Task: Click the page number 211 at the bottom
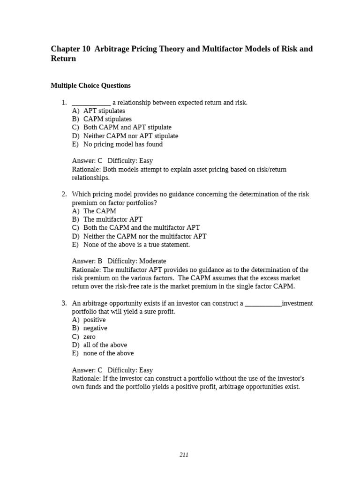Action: click(184, 455)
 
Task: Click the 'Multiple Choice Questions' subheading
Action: click(90, 86)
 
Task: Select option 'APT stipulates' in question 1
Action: click(104, 111)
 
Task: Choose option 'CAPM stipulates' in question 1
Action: click(107, 119)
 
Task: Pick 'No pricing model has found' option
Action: click(123, 144)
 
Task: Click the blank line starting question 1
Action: click(91, 103)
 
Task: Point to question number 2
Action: click(64, 194)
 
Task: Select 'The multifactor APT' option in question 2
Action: click(113, 219)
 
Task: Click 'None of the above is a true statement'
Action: click(136, 245)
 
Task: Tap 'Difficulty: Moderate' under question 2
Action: click(137, 261)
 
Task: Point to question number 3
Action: click(64, 303)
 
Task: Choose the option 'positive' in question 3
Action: click(95, 320)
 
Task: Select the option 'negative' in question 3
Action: click(95, 328)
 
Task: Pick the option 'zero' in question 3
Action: click(90, 337)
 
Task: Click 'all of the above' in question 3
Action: click(105, 345)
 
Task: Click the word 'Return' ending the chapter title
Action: click(63, 59)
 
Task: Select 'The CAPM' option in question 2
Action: click(100, 211)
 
